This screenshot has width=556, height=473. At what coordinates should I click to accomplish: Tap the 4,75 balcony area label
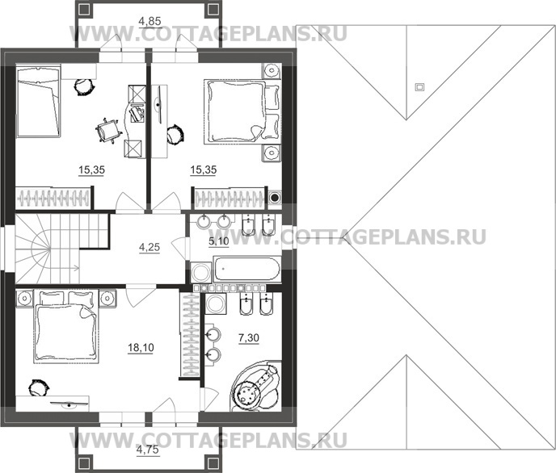pyautogui.click(x=146, y=450)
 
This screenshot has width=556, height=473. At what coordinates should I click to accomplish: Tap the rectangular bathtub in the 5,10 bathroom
pyautogui.click(x=246, y=270)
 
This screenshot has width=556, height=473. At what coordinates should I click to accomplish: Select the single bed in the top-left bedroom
pyautogui.click(x=38, y=103)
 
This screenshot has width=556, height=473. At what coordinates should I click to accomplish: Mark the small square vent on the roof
pyautogui.click(x=419, y=86)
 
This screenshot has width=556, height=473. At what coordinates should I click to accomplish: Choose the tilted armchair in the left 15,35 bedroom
pyautogui.click(x=107, y=131)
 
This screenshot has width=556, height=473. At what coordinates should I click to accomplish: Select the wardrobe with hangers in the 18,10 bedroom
pyautogui.click(x=190, y=335)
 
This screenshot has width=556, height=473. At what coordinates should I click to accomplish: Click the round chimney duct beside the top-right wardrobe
pyautogui.click(x=275, y=196)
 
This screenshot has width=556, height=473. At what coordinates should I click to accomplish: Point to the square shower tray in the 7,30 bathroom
pyautogui.click(x=215, y=303)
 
